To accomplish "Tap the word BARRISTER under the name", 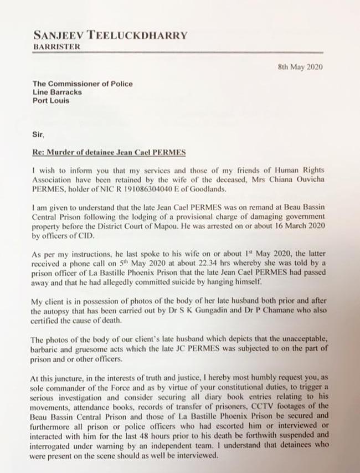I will pyautogui.click(x=56, y=47).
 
